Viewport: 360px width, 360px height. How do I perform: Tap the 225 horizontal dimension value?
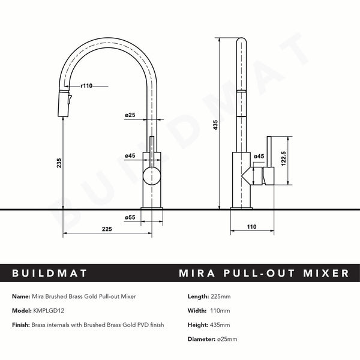point(107,228)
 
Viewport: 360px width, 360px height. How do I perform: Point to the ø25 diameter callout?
point(130,114)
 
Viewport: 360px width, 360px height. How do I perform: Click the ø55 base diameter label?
point(129,217)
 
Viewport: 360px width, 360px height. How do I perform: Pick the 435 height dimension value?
point(215,125)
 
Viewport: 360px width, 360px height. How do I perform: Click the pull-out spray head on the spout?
point(63,105)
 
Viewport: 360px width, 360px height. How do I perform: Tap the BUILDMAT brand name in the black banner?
point(50,274)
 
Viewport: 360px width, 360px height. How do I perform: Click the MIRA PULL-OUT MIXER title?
point(264,274)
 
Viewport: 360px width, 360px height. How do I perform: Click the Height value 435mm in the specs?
point(221,325)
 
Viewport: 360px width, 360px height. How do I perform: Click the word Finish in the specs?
point(22,325)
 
